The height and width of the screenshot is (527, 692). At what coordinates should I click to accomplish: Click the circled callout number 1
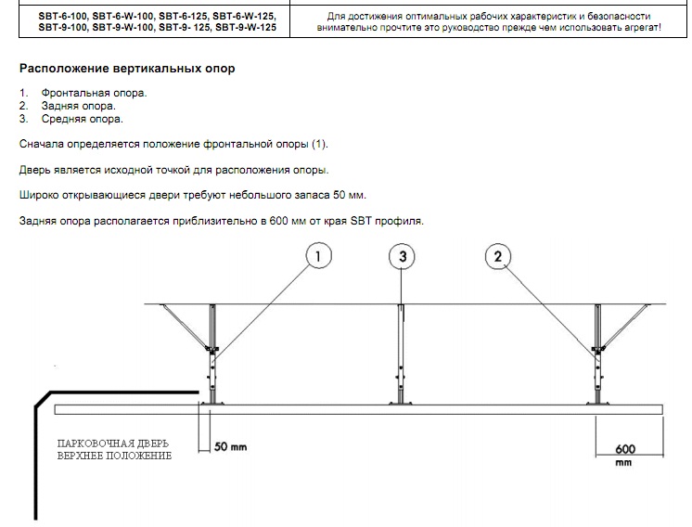pos(319,256)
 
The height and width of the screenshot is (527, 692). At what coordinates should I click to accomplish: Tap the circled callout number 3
pos(402,256)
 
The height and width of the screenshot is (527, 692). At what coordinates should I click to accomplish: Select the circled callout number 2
pos(498,256)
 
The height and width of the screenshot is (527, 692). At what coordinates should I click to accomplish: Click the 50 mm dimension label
pos(230,446)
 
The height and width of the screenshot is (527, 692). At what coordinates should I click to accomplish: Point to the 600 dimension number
pos(625,449)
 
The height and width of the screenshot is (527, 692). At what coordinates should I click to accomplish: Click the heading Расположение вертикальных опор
pos(127,69)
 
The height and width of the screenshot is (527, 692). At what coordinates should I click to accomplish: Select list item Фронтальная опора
pos(94,93)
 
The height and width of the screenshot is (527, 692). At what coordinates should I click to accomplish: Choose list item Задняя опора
pos(79,106)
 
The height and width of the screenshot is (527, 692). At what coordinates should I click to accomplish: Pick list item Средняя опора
pos(82,119)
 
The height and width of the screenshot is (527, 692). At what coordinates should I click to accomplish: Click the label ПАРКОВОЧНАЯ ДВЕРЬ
pos(113,443)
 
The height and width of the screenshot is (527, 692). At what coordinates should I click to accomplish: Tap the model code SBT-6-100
pos(63,17)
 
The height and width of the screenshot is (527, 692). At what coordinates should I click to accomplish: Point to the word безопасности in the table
pos(619,17)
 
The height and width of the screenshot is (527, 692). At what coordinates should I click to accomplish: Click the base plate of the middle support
pos(401,403)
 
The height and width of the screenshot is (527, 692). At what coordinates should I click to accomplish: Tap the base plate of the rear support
pos(598,403)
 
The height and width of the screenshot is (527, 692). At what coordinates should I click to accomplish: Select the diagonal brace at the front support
pos(186,327)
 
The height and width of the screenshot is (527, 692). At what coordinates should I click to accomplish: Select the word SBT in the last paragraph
pos(362,221)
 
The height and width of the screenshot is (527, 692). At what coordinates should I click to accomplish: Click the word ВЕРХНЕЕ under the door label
pos(80,456)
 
